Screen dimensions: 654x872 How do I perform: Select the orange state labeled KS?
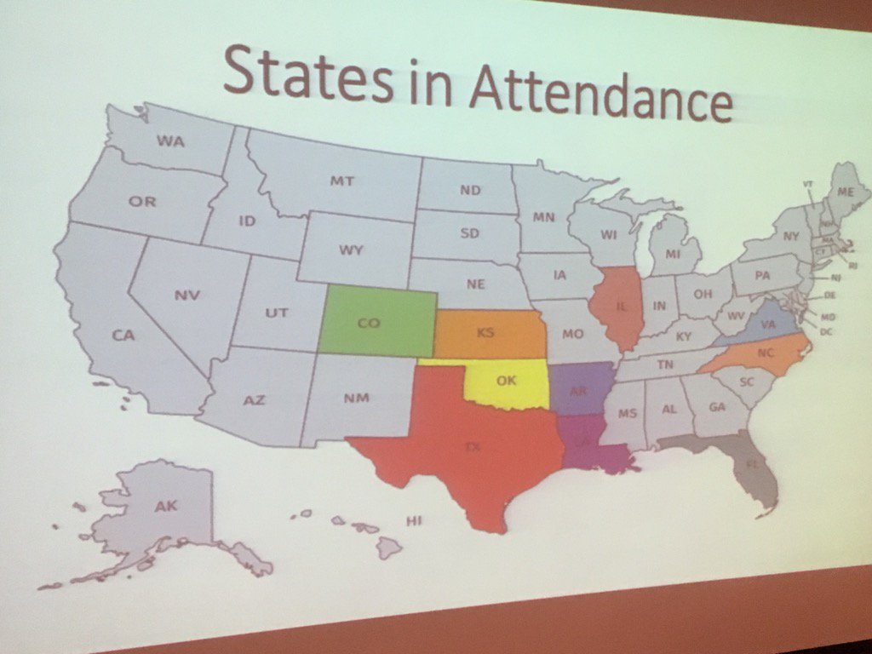click(x=489, y=333)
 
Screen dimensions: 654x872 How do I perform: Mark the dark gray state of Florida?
click(x=749, y=464)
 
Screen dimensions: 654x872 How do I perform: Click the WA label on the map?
click(x=170, y=141)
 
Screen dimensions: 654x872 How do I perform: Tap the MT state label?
click(x=341, y=181)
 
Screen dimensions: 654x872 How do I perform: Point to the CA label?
click(x=123, y=336)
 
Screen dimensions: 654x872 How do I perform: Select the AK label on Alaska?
click(x=166, y=507)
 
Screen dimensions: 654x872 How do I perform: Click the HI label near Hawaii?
click(x=415, y=520)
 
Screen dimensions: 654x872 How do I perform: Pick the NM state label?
click(x=359, y=397)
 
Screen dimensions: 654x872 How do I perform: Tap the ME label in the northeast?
click(x=845, y=192)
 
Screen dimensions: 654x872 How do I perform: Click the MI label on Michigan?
click(x=674, y=254)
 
